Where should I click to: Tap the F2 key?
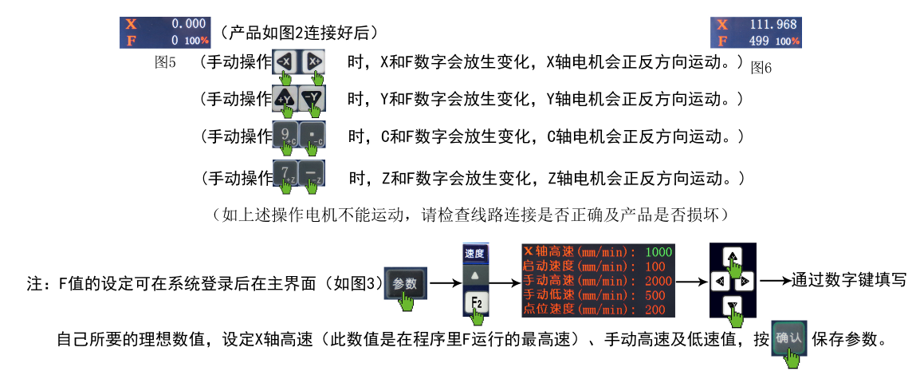coord(476,303)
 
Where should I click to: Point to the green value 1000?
coord(659,252)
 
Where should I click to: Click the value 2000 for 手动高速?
coord(659,281)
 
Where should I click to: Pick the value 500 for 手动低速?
coord(655,295)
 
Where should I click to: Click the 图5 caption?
coord(165,62)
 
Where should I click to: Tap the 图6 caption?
coord(761,68)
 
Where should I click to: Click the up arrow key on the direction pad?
coord(732,256)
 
